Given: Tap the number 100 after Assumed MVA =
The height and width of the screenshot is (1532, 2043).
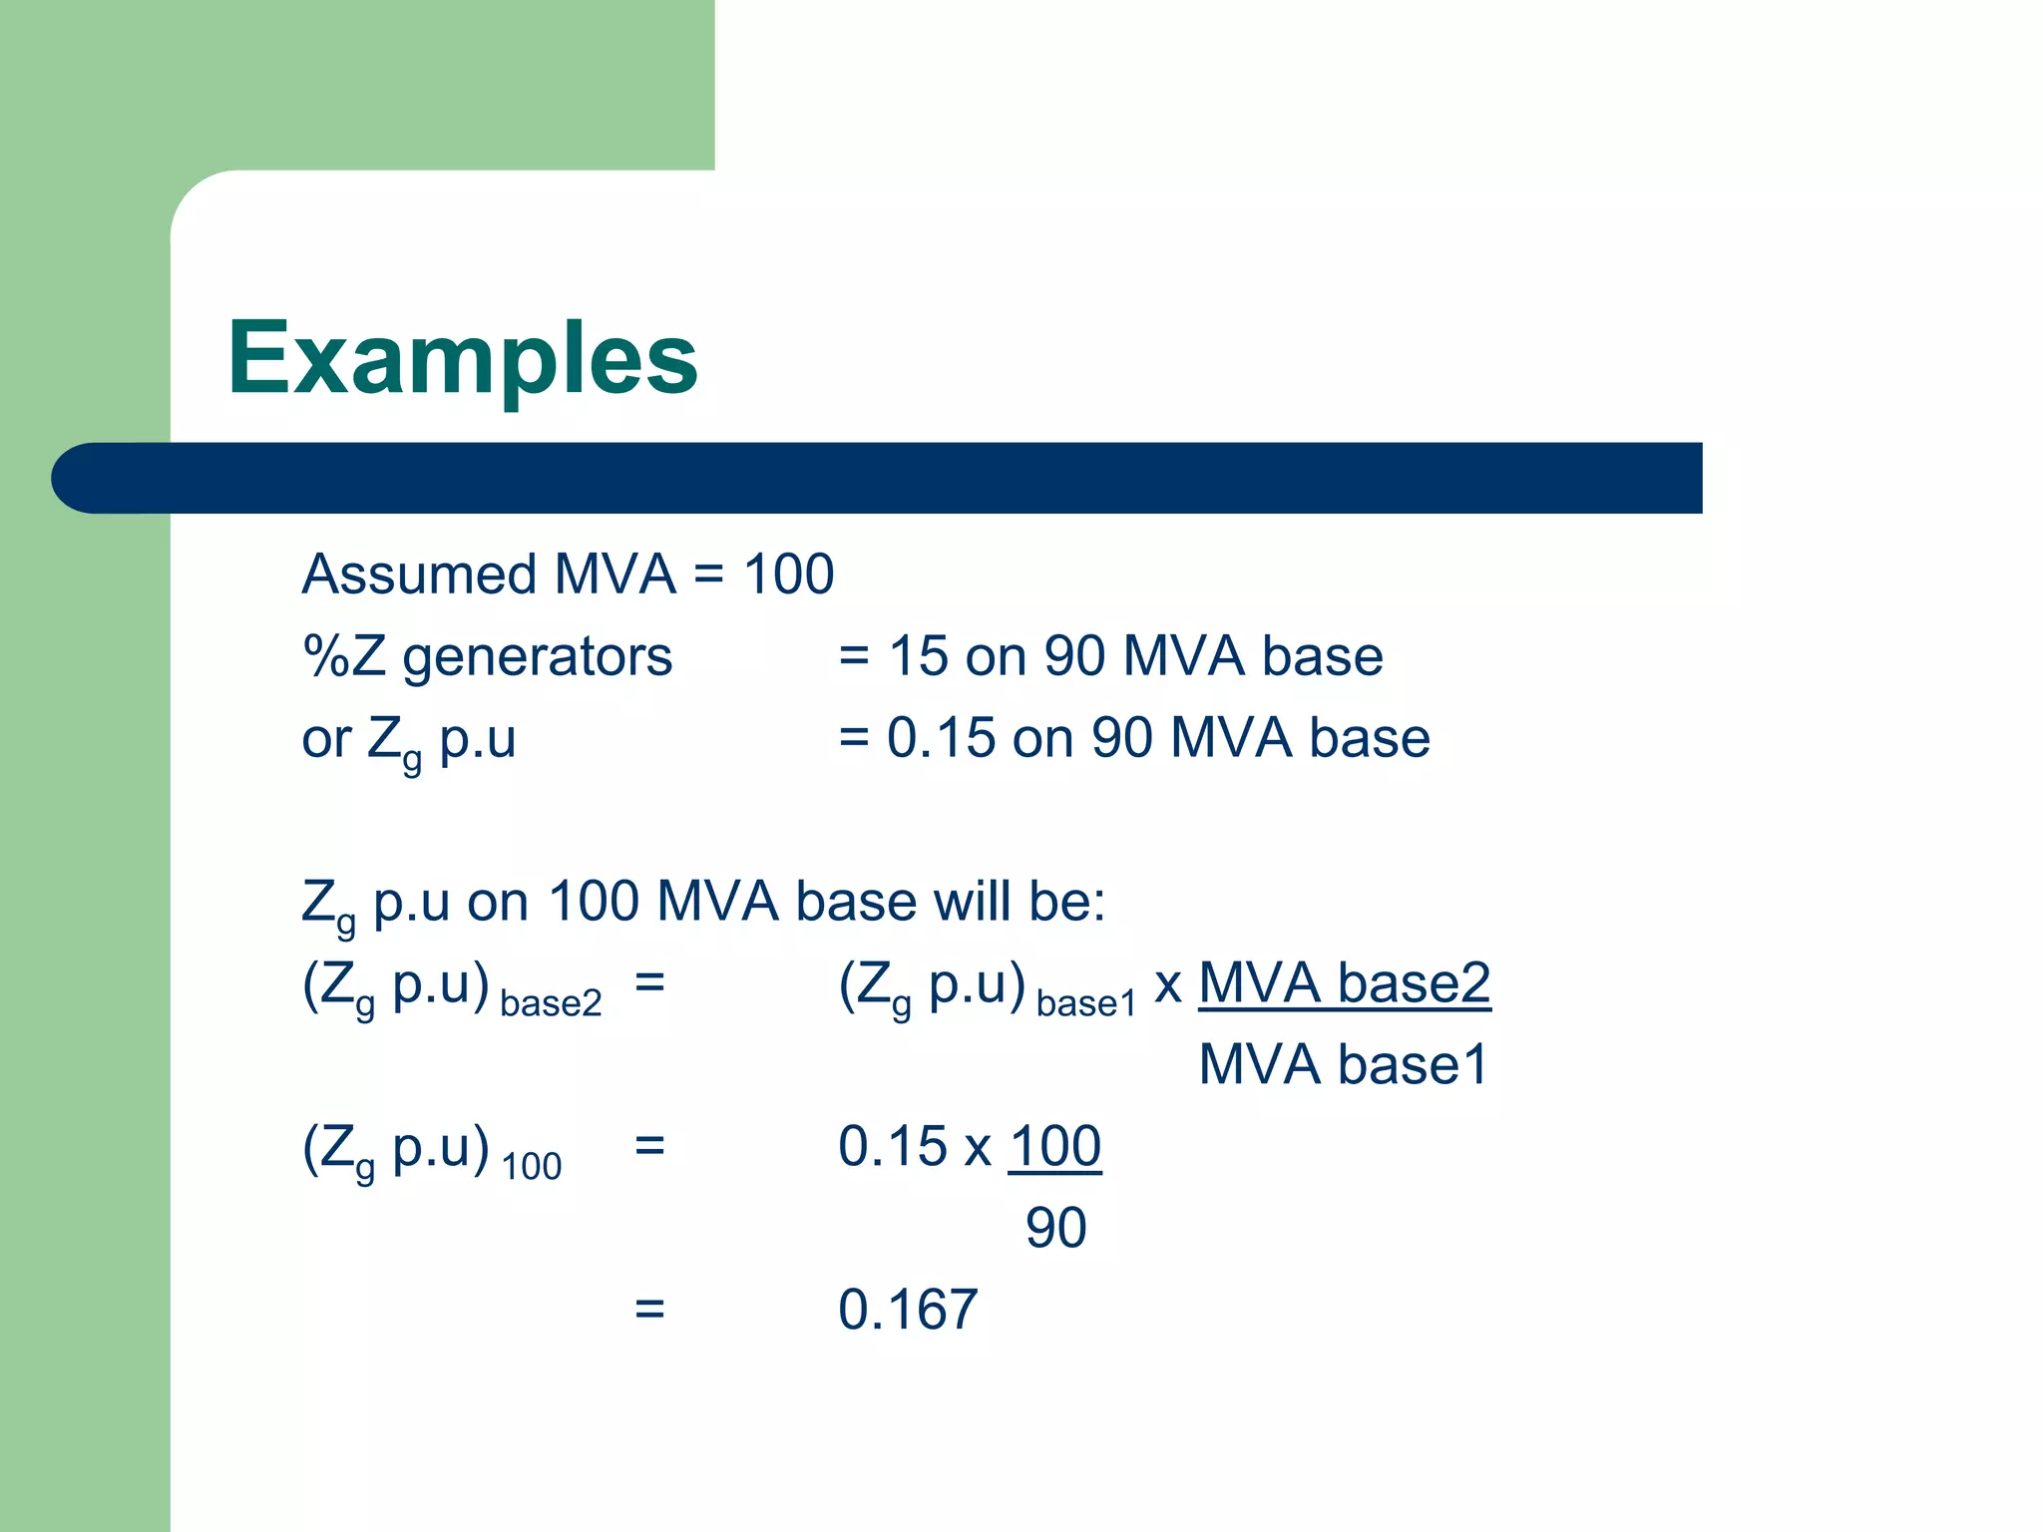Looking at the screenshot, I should click(x=789, y=575).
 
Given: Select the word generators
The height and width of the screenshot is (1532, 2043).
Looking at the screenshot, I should click(x=538, y=658).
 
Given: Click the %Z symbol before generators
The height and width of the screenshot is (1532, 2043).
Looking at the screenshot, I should click(x=344, y=658).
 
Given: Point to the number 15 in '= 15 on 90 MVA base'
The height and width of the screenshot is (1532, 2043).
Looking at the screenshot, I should click(x=918, y=658).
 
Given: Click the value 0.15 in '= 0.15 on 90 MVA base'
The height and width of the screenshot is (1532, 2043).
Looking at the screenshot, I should click(x=942, y=739).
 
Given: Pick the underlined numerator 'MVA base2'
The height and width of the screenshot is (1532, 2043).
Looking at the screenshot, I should click(x=1344, y=983).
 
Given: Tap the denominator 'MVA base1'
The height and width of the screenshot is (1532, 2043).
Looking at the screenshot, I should click(x=1344, y=1065).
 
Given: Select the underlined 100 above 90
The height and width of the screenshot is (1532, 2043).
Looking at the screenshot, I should click(x=1055, y=1147).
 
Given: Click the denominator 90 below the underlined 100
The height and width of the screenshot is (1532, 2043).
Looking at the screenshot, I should click(x=1056, y=1229).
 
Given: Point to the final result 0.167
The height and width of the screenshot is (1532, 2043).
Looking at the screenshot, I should click(x=908, y=1311).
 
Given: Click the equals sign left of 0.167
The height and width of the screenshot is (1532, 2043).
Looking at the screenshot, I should click(x=649, y=1310).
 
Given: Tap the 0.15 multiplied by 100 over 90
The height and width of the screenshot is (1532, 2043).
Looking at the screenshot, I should click(x=892, y=1147).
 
